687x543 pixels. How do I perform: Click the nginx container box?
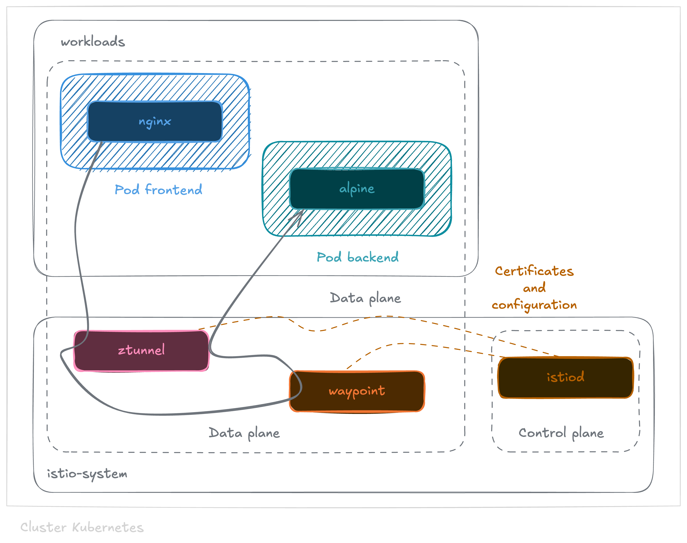[x=155, y=121]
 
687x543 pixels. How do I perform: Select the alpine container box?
[x=357, y=189]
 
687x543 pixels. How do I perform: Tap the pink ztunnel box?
[x=141, y=350]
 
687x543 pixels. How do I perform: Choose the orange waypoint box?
[x=357, y=391]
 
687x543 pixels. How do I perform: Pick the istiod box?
[x=565, y=377]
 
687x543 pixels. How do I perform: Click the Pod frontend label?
[x=158, y=190]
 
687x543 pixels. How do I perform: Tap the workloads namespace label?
[x=93, y=42]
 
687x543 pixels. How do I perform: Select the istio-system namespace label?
[x=87, y=474]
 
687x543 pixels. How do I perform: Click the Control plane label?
[x=561, y=433]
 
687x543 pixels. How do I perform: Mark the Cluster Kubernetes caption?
[x=82, y=527]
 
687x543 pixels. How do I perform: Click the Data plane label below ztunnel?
[x=244, y=433]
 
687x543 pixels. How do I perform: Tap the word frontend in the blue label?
[x=173, y=190]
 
